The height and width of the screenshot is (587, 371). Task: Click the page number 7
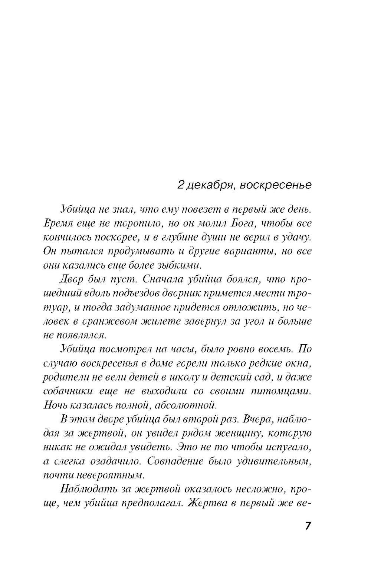click(308, 526)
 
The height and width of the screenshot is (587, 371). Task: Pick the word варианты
click(250, 251)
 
